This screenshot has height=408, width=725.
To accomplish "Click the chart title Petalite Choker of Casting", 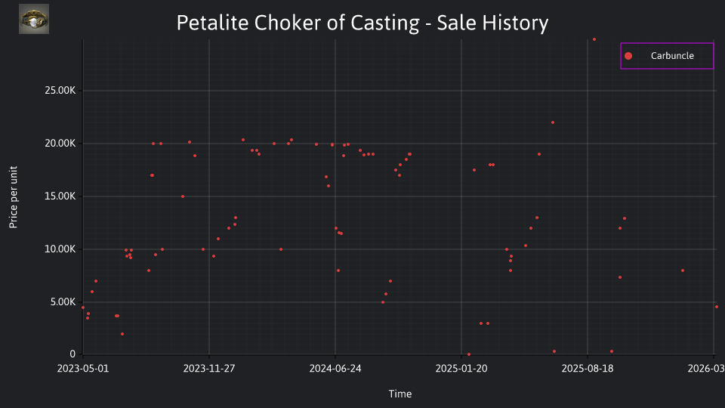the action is [x=298, y=23].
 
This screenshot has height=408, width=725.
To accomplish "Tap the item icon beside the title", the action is [x=34, y=19].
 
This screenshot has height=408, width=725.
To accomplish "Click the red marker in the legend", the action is [x=628, y=56].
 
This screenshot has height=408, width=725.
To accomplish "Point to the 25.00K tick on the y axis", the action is [x=60, y=90].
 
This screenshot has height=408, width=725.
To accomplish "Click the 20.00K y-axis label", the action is [x=60, y=144].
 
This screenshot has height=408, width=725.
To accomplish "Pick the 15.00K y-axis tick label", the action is [x=60, y=196].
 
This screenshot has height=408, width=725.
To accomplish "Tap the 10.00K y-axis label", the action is [x=60, y=249].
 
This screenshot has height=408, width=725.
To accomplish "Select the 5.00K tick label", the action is [x=63, y=302].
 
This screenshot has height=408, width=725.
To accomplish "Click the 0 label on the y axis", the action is [x=72, y=354].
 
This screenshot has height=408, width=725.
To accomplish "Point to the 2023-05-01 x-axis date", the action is [x=83, y=368].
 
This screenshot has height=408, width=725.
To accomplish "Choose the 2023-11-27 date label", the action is [x=209, y=368].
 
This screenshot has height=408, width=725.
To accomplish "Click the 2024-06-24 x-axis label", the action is [x=335, y=368].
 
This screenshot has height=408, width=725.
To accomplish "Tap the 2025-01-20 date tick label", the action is [x=461, y=368].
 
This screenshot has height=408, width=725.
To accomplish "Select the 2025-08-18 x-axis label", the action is [x=588, y=368].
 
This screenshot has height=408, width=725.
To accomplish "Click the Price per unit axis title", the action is [x=13, y=197].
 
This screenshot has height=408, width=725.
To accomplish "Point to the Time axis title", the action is [x=400, y=394].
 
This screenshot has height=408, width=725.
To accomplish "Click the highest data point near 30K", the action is [x=594, y=39].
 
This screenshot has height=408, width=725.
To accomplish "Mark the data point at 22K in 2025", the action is [x=553, y=122].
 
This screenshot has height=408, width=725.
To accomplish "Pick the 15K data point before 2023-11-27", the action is [x=183, y=196].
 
